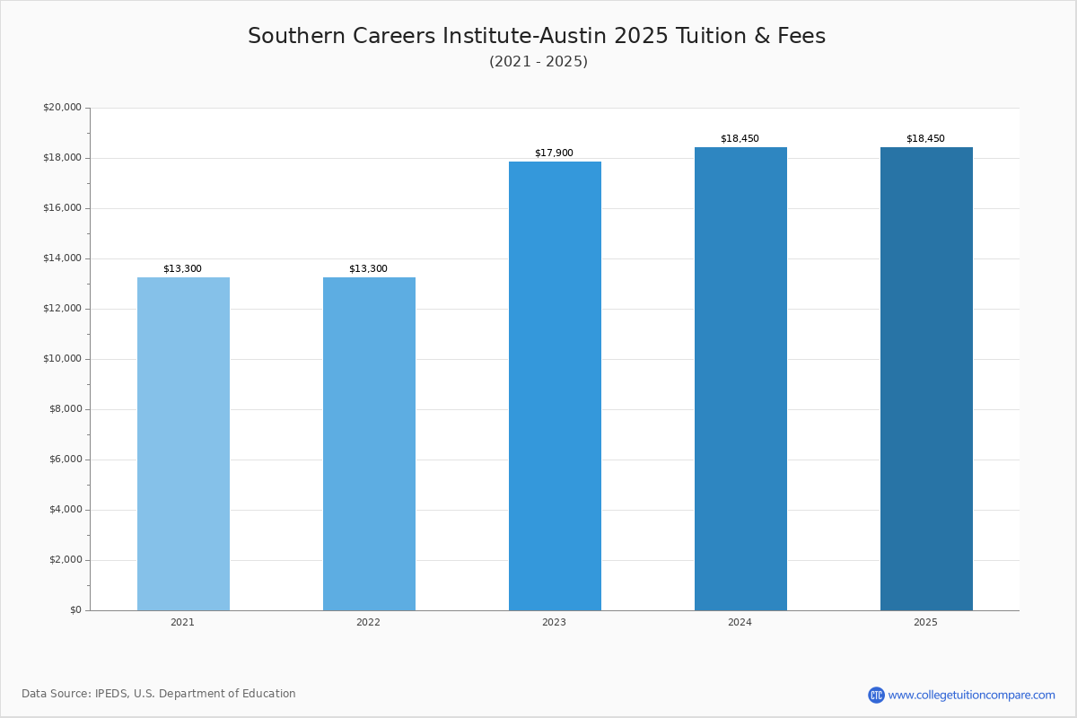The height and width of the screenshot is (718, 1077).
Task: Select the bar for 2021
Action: [183, 443]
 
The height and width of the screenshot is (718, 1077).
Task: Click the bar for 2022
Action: [369, 443]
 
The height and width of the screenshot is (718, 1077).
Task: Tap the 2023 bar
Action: [555, 386]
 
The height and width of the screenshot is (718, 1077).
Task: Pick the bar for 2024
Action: [740, 379]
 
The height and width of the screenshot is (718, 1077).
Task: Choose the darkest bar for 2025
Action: [926, 379]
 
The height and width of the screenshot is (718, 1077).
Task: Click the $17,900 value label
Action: [554, 153]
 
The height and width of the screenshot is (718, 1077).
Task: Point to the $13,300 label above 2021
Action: [182, 269]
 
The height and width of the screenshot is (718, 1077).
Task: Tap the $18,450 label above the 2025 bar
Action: [925, 139]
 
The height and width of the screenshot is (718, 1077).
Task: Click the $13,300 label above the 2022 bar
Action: [368, 269]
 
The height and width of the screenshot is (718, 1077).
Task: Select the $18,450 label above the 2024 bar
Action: [740, 139]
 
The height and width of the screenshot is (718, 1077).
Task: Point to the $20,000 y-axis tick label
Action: [62, 108]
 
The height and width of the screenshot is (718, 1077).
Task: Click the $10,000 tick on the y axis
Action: [62, 359]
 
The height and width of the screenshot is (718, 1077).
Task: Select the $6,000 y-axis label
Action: [65, 460]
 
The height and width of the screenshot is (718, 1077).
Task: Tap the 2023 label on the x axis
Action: [554, 623]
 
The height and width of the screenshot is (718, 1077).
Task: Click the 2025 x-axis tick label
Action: [925, 623]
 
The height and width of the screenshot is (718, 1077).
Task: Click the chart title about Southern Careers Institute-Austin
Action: [537, 36]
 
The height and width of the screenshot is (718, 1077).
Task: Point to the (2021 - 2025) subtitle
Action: [538, 62]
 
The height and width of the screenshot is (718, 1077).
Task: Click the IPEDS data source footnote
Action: [159, 694]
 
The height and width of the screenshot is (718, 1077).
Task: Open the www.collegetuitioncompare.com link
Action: [971, 695]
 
